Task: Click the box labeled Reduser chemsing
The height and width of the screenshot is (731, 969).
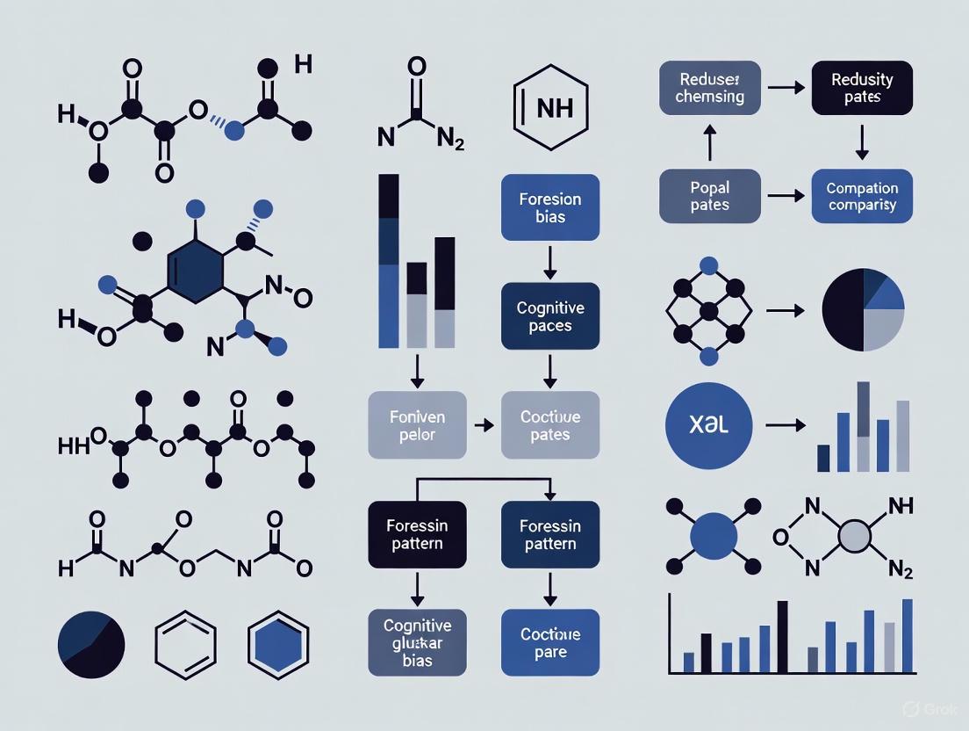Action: [x=709, y=87]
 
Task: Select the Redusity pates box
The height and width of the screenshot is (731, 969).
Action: [x=862, y=87]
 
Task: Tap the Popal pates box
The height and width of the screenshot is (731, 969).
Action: [x=709, y=196]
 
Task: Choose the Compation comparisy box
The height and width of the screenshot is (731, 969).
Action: [x=862, y=196]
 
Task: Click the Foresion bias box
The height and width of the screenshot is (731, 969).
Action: [x=549, y=207]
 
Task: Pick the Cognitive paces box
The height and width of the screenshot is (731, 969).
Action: [x=549, y=317]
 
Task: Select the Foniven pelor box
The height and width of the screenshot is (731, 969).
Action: [x=417, y=425]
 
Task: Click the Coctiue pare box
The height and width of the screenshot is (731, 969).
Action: [x=549, y=642]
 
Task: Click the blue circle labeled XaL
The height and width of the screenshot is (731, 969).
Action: [x=709, y=425]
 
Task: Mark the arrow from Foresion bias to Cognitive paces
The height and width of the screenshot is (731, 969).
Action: [x=549, y=261]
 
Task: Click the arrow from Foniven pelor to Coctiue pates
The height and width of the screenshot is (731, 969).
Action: [x=483, y=425]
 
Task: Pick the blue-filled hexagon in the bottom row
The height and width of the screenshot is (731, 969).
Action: [x=278, y=644]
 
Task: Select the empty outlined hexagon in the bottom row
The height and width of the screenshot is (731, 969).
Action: [x=185, y=644]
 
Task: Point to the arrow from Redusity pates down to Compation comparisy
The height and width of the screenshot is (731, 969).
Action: [x=862, y=141]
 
